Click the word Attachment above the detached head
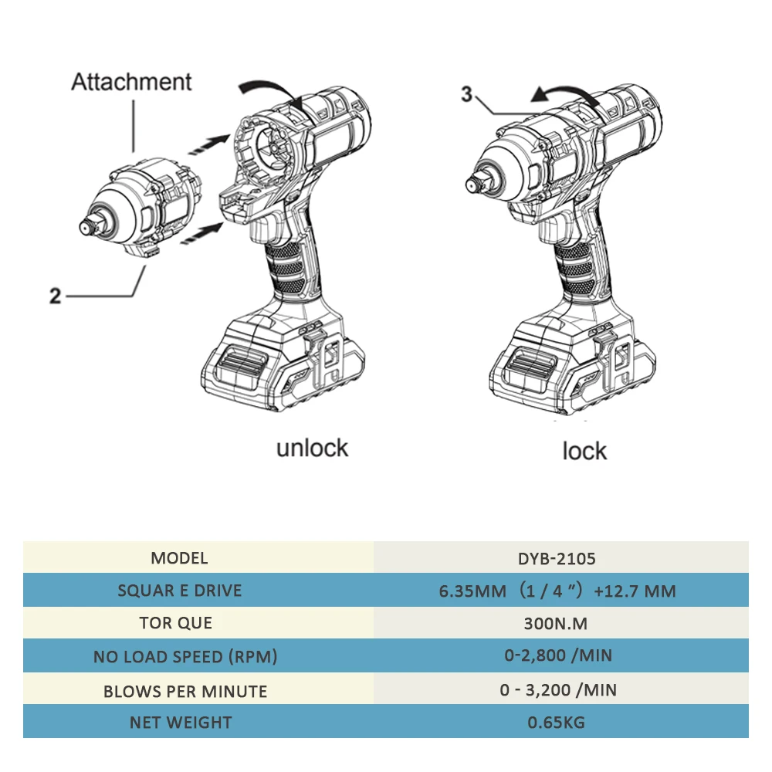point(131,82)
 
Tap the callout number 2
point(55,296)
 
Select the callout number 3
point(467,95)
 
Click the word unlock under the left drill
point(312,448)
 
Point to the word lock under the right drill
point(584,451)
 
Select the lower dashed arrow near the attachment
point(202,234)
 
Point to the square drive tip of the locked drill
point(472,183)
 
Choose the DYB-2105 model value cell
point(560,558)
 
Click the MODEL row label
point(179,558)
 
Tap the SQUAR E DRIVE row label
point(179,591)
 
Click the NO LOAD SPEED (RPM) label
point(185,657)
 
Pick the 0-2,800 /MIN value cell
point(558,656)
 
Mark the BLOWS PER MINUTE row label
point(185,690)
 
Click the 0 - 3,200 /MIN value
point(558,689)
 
